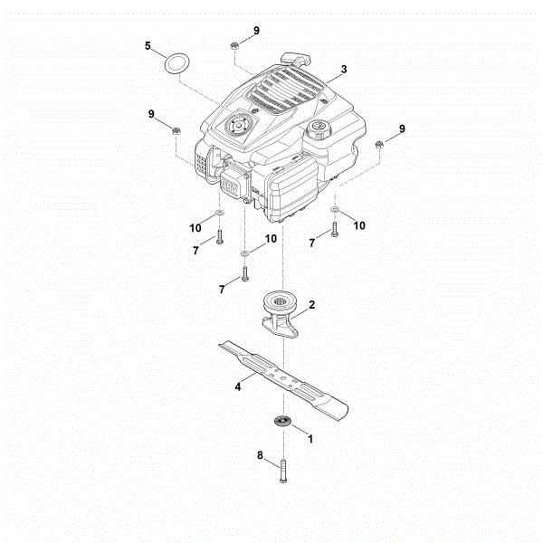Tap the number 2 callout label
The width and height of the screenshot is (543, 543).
[312, 306]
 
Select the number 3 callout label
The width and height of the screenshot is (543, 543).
[344, 69]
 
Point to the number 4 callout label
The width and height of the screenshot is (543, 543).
[239, 386]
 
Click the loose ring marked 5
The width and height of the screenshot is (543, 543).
[176, 64]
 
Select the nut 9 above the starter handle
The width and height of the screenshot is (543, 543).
[233, 43]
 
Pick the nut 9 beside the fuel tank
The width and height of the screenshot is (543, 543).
[380, 145]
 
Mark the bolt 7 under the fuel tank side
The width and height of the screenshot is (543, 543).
[333, 231]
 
